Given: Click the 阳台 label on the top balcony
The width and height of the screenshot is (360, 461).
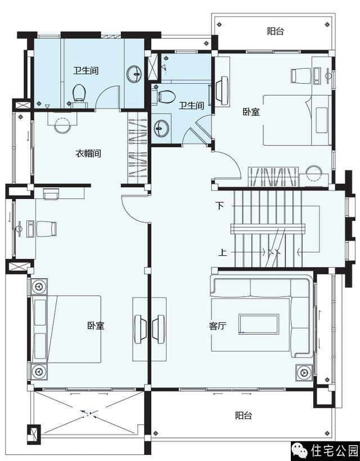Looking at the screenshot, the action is (x=275, y=31).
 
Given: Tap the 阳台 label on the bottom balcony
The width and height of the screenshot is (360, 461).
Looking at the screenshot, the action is (x=244, y=415).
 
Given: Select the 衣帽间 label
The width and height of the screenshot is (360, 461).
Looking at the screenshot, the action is (x=88, y=153).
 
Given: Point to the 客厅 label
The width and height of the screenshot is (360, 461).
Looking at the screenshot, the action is (x=218, y=326).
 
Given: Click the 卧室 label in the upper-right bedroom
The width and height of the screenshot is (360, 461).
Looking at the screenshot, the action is (x=251, y=112).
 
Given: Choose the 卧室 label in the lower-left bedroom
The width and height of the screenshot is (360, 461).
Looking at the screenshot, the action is (x=96, y=326).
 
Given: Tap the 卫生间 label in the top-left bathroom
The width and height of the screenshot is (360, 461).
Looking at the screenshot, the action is (x=85, y=71).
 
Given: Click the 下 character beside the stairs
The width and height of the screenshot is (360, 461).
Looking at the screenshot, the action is (x=220, y=206).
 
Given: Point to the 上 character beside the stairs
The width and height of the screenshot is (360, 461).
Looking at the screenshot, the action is (x=222, y=252).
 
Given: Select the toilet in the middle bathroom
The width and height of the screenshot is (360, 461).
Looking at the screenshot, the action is (x=164, y=96).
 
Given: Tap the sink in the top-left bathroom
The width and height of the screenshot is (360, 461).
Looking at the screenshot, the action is (x=134, y=74).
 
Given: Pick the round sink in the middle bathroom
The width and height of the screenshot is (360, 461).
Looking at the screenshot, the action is (x=161, y=128).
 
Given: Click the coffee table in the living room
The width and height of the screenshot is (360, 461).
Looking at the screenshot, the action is (x=259, y=324).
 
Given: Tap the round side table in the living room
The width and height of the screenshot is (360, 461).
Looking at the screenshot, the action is (x=304, y=373).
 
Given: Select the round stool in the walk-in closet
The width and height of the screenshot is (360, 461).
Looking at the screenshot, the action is (x=62, y=125).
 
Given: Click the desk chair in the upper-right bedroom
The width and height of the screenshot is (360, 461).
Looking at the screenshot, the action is (x=300, y=75).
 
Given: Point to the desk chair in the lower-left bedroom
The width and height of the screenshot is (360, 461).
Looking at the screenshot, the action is (x=47, y=229).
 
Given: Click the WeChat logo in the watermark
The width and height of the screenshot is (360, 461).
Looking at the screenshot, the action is (x=299, y=450).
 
